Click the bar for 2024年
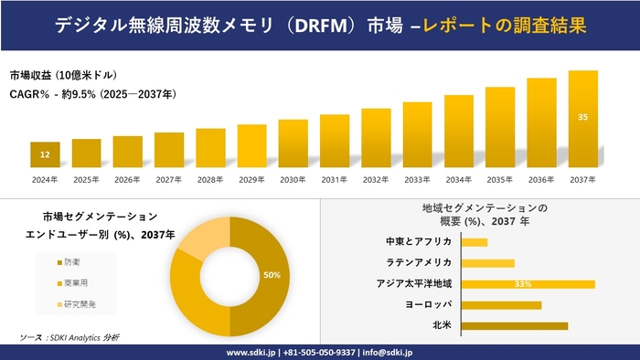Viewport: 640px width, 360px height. click(45, 154)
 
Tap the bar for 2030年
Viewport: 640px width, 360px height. click(293, 143)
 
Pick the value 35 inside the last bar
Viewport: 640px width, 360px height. click(582, 117)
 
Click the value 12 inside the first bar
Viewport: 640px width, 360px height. click(45, 155)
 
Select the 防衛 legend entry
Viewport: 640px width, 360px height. click(70, 261)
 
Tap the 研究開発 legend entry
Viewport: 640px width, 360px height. click(77, 303)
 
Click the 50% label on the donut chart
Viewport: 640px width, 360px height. click(271, 274)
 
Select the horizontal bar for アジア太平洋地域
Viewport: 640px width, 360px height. click(528, 283)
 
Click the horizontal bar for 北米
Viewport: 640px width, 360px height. click(514, 325)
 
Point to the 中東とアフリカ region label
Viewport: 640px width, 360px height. click(419, 241)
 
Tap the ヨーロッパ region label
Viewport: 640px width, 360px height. click(426, 304)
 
